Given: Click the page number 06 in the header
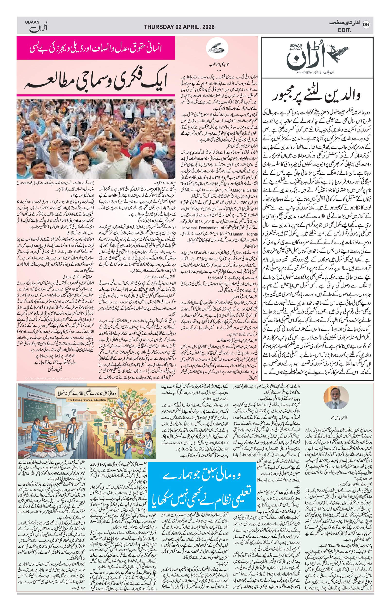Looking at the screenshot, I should click(x=366, y=25).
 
